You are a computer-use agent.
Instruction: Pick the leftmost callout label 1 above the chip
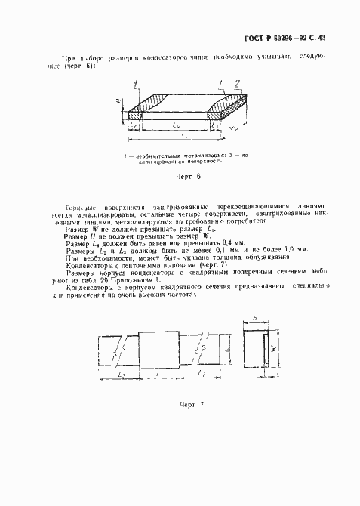pyautogui.click(x=134, y=81)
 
